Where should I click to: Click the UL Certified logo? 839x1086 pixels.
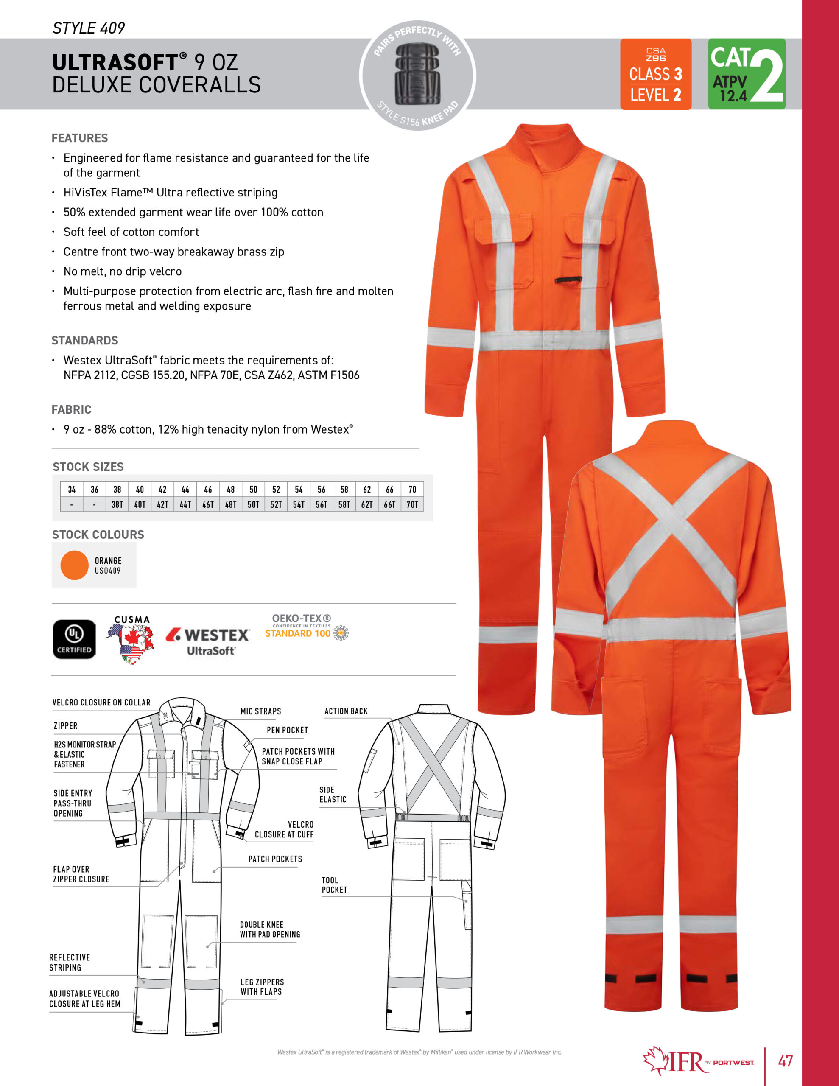[x=74, y=639]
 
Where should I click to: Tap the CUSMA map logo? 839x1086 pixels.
[x=130, y=641]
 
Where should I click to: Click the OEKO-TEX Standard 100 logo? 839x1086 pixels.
[x=306, y=627]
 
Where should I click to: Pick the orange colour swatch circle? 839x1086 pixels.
[x=75, y=565]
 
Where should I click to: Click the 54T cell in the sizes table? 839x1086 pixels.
[x=298, y=504]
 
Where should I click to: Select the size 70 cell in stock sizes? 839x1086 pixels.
[x=412, y=489]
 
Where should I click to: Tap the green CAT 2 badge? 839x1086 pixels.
[x=746, y=74]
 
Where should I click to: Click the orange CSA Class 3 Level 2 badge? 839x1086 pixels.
[x=655, y=74]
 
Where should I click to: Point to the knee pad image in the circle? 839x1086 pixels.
[x=418, y=75]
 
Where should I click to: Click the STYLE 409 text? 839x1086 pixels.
[x=89, y=28]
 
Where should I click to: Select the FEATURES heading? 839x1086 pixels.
[x=80, y=138]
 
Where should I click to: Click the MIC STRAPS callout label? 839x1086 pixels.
[x=260, y=711]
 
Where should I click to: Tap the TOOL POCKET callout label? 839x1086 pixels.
[x=334, y=884]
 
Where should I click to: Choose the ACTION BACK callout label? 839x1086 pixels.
[x=346, y=711]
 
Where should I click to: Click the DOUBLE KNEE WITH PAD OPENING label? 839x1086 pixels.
[x=269, y=929]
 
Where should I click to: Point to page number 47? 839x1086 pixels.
[x=785, y=1061]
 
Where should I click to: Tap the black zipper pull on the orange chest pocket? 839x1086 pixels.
[x=568, y=280]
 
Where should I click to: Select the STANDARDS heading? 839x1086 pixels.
[x=85, y=340]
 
